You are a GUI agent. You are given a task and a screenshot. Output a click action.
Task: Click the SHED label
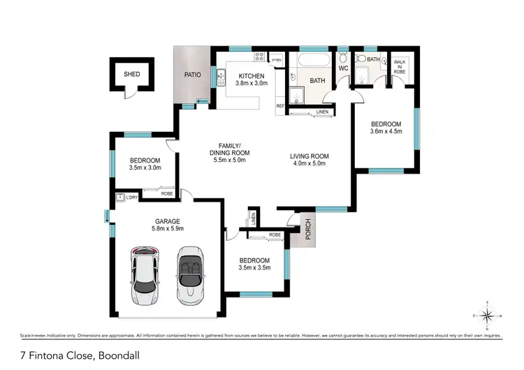[x=131, y=73]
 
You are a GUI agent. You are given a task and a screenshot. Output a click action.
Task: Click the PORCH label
[x=305, y=228]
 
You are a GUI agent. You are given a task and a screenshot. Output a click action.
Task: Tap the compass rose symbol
[x=489, y=315]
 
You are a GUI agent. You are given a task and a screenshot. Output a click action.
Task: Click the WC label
[x=343, y=69]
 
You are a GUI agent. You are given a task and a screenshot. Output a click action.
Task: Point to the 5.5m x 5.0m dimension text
[x=230, y=160]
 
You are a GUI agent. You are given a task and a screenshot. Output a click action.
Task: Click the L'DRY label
[x=131, y=198]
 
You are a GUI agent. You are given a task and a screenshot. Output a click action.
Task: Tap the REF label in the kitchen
[x=279, y=105]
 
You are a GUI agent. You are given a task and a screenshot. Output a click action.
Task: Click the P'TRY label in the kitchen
[x=277, y=60]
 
